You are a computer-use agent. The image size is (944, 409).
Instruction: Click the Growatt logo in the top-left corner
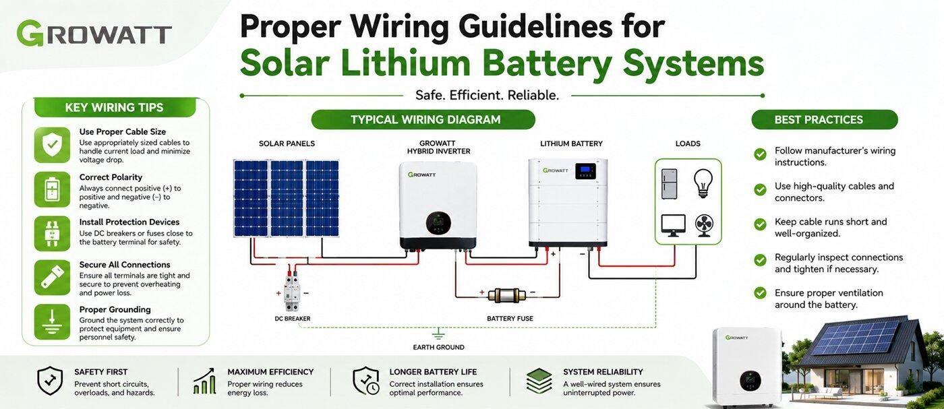[x=94, y=33]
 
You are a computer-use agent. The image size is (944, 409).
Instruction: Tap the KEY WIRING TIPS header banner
[x=114, y=107]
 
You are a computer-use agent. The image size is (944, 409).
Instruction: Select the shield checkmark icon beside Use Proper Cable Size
[x=53, y=145]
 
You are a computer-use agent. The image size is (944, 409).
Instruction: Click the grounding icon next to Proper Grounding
[x=53, y=322]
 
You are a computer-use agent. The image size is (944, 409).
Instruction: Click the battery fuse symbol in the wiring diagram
[x=507, y=295]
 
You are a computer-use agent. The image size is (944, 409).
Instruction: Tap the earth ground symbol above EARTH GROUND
[x=438, y=334]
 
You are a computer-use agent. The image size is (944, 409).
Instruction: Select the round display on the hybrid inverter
[x=438, y=223]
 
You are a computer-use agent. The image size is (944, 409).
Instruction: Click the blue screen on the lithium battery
[x=585, y=170]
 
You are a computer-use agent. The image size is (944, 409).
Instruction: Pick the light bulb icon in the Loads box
[x=703, y=183]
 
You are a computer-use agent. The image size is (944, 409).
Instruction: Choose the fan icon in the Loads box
[x=704, y=226]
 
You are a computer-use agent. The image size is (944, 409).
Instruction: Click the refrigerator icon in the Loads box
[x=669, y=184]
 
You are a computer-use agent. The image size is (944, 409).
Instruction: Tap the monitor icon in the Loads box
[x=673, y=225]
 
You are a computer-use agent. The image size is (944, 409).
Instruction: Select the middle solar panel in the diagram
[x=287, y=198]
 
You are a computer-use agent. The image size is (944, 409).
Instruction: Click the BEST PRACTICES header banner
[x=824, y=120]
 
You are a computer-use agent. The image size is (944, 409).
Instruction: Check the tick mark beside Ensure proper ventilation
[x=761, y=292]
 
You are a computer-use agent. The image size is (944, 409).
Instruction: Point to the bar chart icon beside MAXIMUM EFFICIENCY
[x=205, y=381]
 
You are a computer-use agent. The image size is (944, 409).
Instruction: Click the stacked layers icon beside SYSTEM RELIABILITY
[x=539, y=381]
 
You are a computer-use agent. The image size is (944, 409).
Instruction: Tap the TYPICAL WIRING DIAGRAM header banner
[x=423, y=120]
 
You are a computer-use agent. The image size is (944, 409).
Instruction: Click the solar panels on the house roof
[x=856, y=338]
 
